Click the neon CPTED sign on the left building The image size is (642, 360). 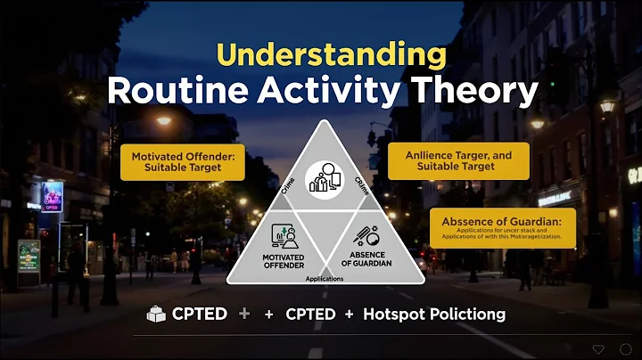tap(53, 195)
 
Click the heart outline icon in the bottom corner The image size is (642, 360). tap(598, 348)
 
